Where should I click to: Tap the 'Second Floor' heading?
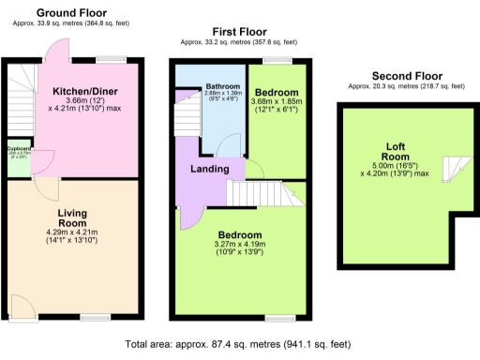(x=407, y=75)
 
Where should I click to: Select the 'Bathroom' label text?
(x=222, y=87)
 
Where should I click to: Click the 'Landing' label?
(x=211, y=169)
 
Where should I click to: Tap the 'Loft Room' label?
(x=394, y=151)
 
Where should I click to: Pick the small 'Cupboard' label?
(x=20, y=148)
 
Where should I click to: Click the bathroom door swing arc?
(x=226, y=144)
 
